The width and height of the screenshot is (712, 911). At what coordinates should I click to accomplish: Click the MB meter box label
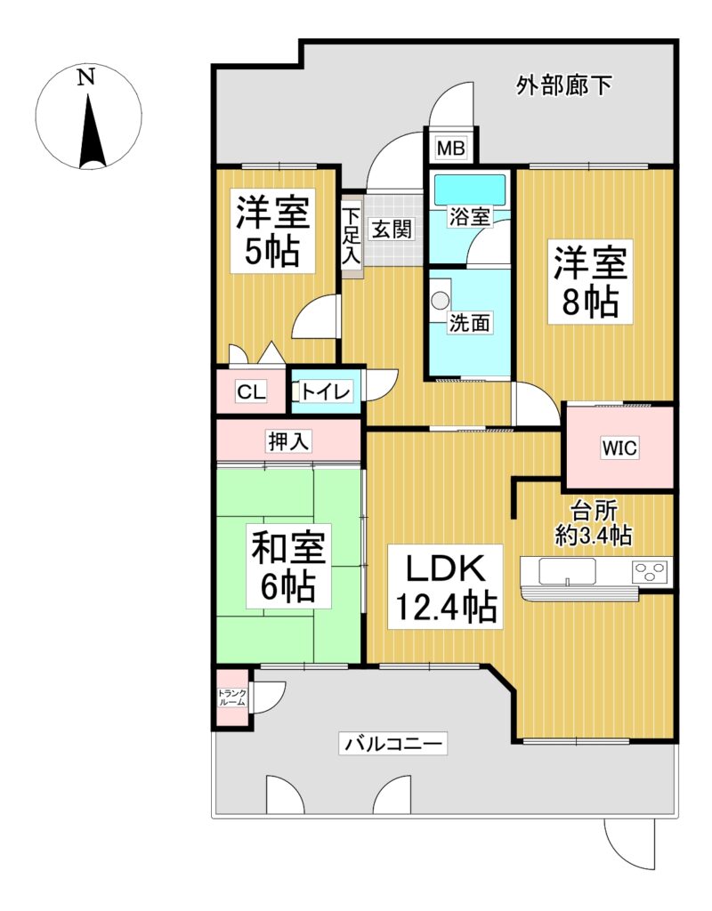450,149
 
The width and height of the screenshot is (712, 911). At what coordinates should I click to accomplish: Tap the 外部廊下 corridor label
563,86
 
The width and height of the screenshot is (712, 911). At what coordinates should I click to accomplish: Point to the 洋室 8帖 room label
590,282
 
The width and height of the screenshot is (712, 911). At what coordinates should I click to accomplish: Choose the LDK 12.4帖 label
445,587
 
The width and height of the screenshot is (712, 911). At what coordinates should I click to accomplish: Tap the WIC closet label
619,448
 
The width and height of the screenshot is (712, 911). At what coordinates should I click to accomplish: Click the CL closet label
251,391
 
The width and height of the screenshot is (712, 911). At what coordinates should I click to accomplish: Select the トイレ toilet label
326,391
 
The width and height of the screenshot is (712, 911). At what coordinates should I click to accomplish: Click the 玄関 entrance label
392,229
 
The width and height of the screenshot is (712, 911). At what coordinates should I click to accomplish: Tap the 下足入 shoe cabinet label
351,237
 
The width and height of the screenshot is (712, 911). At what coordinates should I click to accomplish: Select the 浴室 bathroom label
469,217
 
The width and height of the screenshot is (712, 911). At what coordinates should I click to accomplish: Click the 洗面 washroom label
469,322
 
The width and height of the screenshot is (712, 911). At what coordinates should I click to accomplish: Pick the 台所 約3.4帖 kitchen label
594,523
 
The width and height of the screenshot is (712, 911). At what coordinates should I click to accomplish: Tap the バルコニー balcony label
393,743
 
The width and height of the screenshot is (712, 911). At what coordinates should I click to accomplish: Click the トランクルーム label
232,697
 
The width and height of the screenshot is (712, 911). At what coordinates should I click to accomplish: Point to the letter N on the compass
86,77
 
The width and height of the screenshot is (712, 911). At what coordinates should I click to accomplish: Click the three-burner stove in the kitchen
651,571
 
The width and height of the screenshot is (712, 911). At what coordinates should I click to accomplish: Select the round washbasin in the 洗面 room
440,301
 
